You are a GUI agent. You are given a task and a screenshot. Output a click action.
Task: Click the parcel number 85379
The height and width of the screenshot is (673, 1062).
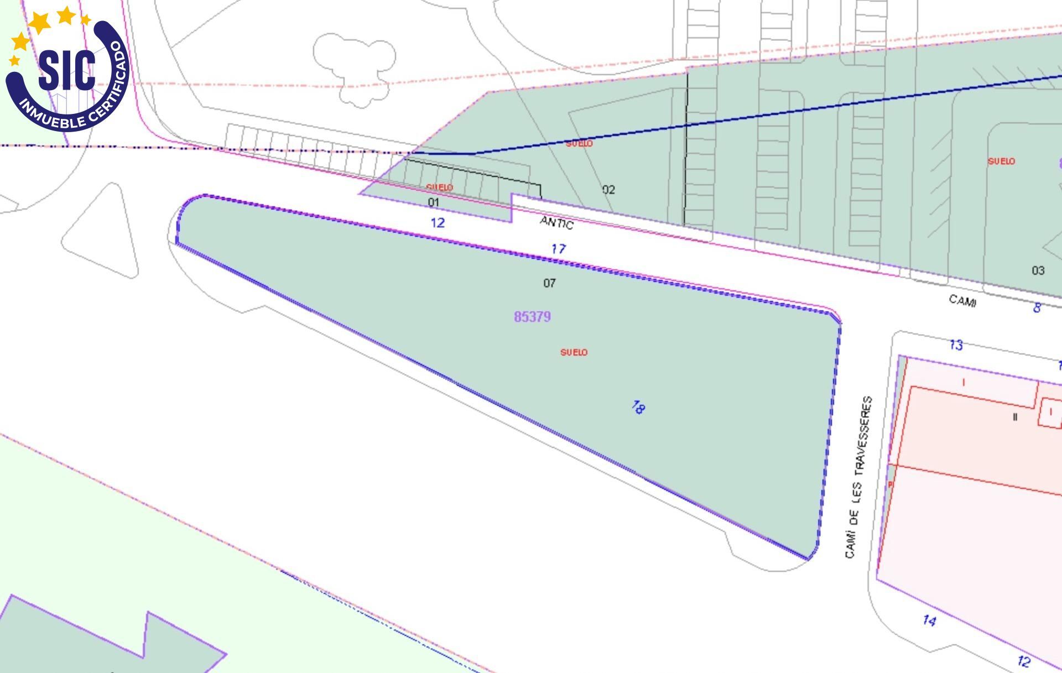(532, 317)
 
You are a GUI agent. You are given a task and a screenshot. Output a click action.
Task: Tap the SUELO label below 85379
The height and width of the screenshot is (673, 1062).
(574, 352)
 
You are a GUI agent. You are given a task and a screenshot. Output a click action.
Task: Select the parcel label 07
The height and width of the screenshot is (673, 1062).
(549, 283)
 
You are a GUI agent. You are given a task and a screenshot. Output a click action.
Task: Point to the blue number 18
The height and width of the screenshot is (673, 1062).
(638, 408)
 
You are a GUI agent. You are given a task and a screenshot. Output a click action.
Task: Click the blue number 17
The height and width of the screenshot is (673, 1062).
(558, 249)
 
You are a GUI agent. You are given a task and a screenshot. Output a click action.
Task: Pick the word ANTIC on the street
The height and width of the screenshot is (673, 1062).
(556, 222)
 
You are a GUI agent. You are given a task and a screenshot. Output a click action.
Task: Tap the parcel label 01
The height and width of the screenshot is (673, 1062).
(434, 202)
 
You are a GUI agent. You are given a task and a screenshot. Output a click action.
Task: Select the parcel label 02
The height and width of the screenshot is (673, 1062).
(608, 190)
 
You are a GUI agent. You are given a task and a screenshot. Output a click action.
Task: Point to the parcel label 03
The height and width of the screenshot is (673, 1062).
(1038, 270)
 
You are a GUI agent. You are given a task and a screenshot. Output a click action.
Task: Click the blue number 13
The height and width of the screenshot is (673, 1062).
(956, 345)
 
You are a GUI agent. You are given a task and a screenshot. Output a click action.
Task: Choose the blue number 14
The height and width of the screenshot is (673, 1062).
(929, 620)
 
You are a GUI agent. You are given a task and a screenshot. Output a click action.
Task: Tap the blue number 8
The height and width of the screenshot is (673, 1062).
(1037, 307)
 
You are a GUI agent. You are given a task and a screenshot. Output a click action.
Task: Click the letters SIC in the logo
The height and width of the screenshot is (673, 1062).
(67, 69)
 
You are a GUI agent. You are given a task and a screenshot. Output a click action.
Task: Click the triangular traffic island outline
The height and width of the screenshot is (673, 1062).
(103, 232)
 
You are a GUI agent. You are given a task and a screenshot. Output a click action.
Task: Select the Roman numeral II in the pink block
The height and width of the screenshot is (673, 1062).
(1015, 417)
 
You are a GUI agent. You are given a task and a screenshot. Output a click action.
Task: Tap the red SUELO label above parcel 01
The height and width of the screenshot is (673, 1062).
(440, 187)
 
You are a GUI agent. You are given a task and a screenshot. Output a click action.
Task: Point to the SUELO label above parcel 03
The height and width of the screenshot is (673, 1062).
(1001, 161)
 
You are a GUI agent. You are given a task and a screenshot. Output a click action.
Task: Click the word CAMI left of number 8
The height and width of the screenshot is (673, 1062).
(962, 300)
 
